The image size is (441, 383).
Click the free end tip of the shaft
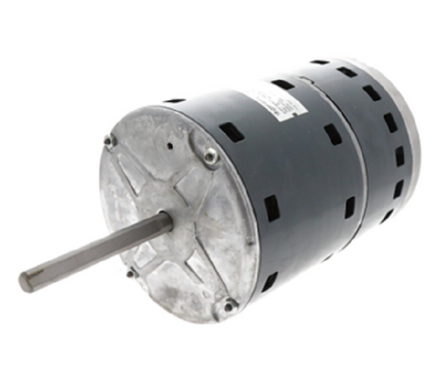coord(26,281)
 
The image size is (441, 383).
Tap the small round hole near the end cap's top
coord(171,147)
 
